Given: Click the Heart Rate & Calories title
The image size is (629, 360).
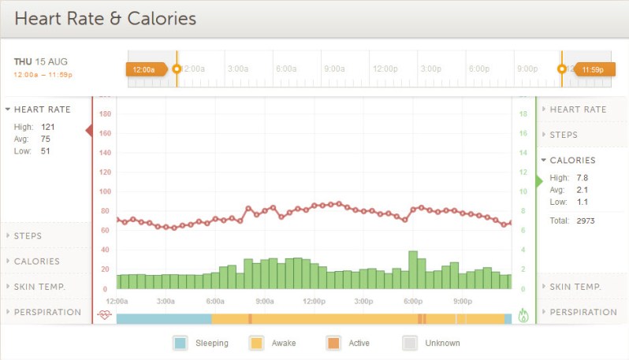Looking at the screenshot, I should (105, 18).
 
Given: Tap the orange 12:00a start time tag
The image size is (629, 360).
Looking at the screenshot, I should (145, 69).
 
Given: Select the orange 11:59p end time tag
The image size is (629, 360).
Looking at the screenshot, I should (592, 69).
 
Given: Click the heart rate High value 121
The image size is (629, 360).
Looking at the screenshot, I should (47, 126).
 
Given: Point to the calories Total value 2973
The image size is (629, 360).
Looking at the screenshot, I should (585, 221).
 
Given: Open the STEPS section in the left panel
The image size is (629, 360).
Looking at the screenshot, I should (28, 236).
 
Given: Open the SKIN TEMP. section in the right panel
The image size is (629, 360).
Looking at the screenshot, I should (575, 287).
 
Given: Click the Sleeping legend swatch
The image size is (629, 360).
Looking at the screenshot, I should (180, 343).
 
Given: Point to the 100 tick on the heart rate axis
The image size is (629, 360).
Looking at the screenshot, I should (104, 191).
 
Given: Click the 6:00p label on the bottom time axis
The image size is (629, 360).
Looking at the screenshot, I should (412, 301).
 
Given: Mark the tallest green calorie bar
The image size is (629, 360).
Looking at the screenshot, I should (412, 269).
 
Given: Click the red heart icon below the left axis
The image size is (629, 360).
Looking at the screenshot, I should (104, 315).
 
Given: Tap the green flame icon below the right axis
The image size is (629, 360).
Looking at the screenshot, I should (523, 315).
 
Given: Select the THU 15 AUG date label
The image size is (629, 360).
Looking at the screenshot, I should (40, 61).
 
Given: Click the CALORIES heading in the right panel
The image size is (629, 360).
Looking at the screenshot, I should (572, 160).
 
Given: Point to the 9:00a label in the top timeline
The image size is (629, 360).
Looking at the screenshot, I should (334, 69).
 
